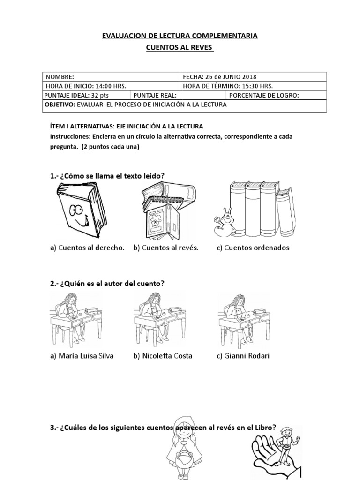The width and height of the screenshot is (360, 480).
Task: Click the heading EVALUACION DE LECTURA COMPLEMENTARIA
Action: pos(180,36)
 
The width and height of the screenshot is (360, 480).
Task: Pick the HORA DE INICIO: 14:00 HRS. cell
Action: pos(111,86)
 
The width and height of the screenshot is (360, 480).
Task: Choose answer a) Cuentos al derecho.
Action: pos(87,248)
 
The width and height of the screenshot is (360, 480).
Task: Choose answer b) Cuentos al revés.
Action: pos(165,248)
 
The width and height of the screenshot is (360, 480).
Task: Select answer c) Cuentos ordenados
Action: pos(253,248)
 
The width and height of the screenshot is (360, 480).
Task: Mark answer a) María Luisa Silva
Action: pos(82,356)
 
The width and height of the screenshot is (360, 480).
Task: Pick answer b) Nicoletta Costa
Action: pos(163,356)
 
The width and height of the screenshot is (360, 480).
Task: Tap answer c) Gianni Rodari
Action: pos(243,356)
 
